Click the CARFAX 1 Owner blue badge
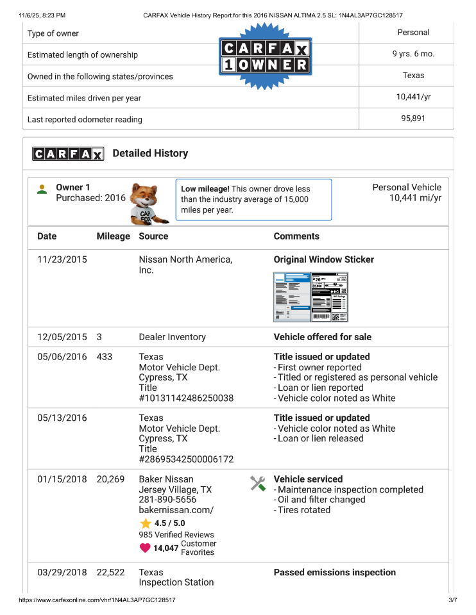click(x=265, y=56)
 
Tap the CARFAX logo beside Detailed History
click(x=68, y=154)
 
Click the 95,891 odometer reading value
click(x=413, y=119)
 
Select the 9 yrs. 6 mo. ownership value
click(x=413, y=54)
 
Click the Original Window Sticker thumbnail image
click(x=311, y=297)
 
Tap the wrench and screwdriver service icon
click(x=258, y=484)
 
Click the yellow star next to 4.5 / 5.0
click(x=146, y=523)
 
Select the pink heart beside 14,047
click(x=145, y=548)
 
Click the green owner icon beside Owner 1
click(x=42, y=190)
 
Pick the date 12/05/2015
click(x=62, y=337)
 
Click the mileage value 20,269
click(x=110, y=479)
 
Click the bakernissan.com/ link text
click(x=176, y=510)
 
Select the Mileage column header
click(x=113, y=236)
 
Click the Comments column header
click(x=296, y=236)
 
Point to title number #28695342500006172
click(x=186, y=459)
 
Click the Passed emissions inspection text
click(x=335, y=573)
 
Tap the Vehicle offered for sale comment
click(x=323, y=337)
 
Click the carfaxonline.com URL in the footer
click(x=98, y=600)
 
